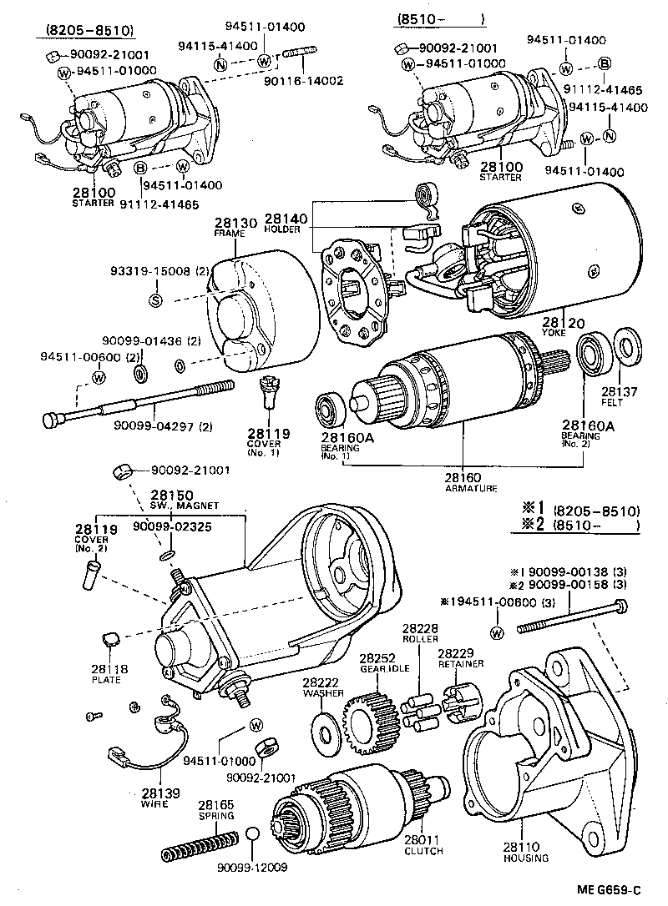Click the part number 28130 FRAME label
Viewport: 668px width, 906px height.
(x=229, y=227)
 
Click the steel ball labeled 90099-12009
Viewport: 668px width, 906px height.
(x=256, y=835)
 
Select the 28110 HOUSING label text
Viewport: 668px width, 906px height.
(x=525, y=851)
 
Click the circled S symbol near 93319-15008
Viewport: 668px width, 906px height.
(x=155, y=300)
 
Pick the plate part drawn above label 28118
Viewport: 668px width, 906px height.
(x=109, y=640)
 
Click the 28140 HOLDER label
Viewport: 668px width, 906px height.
(x=286, y=222)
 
